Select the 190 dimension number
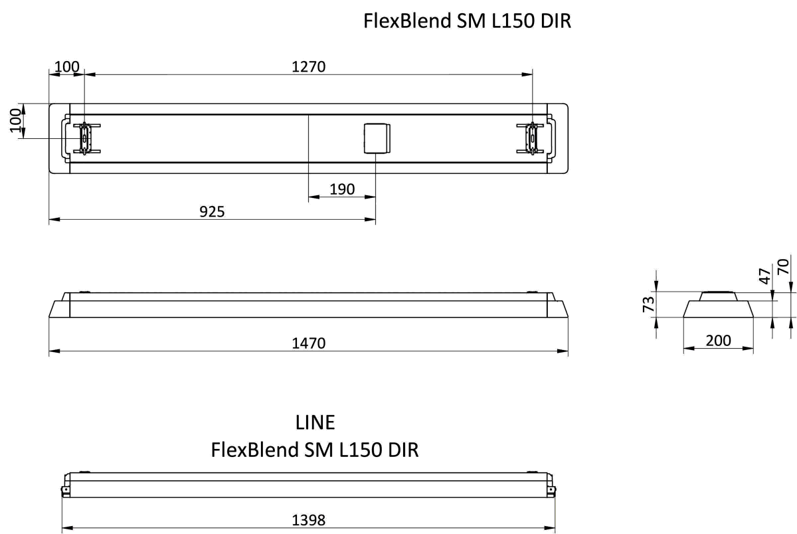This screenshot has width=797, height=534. pos(342,189)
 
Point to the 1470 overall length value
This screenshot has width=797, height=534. pos(308,343)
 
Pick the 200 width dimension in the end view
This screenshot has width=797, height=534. pos(718,341)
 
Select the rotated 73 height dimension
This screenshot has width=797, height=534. pos(649,304)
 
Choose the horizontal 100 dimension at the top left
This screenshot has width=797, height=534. pos(66,66)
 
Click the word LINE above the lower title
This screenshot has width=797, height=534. pos(315,422)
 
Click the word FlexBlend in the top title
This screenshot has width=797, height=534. pos(406,21)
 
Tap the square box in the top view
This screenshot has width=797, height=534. pos(377,138)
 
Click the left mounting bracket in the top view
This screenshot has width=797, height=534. pos(84,138)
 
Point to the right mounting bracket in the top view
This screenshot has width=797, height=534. pos(531,138)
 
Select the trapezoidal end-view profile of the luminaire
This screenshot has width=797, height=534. pos(718,307)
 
